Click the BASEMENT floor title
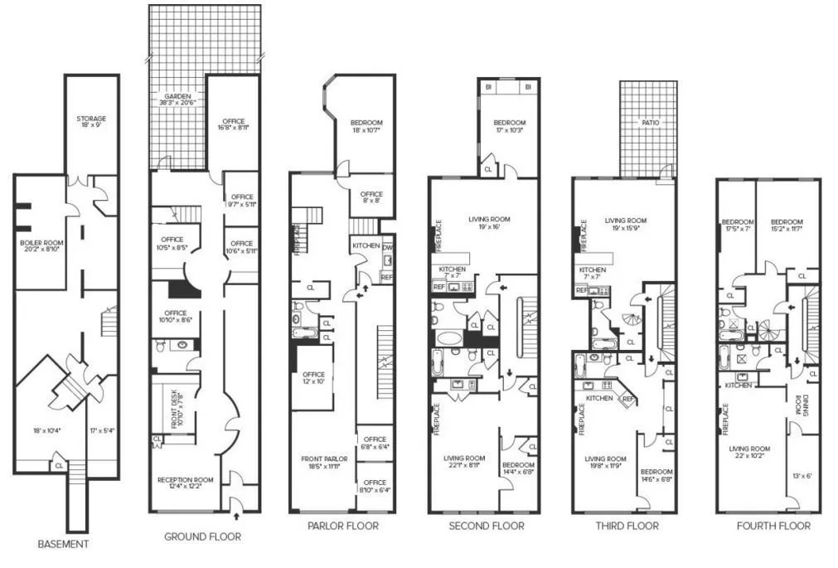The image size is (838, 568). point(63,545)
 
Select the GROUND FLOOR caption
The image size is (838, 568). point(202,536)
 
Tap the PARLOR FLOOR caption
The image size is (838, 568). point(342,526)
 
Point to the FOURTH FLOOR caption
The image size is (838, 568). point(773,526)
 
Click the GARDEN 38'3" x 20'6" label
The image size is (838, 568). point(177,101)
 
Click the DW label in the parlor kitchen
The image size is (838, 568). point(387,246)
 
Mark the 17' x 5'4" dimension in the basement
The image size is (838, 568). point(102,430)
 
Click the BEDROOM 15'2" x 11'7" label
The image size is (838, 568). point(787,226)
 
